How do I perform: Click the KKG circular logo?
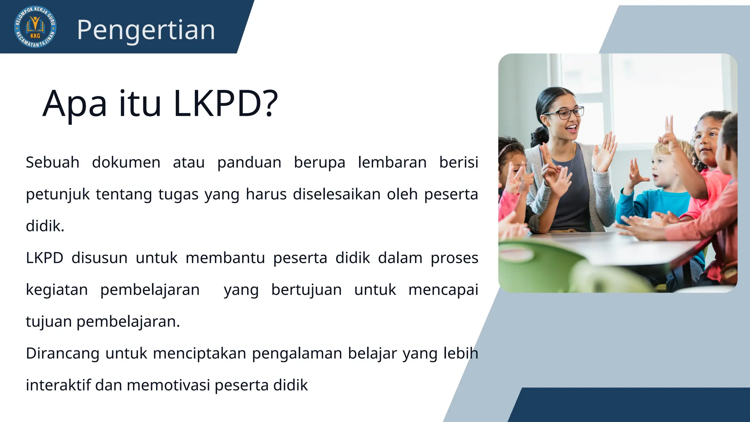click(x=35, y=27)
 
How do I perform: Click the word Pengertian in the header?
click(x=146, y=30)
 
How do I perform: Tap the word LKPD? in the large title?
click(x=226, y=103)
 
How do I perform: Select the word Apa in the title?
click(x=75, y=104)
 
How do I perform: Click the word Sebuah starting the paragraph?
click(x=52, y=162)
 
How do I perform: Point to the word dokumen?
click(x=126, y=162)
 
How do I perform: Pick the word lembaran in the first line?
click(x=392, y=162)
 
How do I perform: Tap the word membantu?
click(x=225, y=258)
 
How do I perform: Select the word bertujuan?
click(x=307, y=290)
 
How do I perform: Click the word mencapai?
click(x=443, y=290)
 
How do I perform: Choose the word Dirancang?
click(x=63, y=353)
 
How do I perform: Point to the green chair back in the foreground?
click(x=538, y=264)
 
